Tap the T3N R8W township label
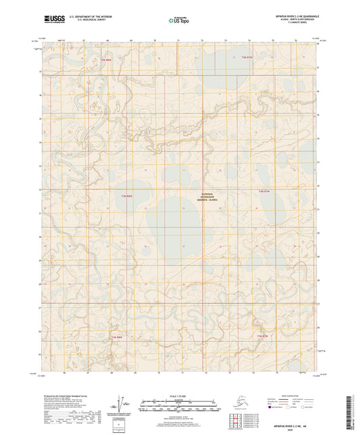coord(117,336)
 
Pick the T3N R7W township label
coord(263,336)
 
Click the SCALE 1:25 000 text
coord(179,396)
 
